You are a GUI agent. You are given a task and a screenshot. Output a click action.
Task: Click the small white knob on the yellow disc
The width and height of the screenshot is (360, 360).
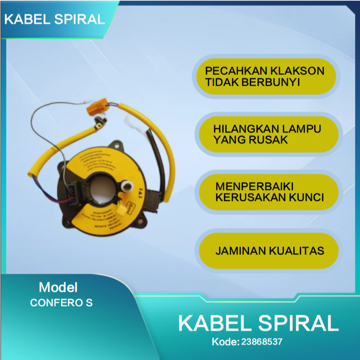click(x=127, y=185)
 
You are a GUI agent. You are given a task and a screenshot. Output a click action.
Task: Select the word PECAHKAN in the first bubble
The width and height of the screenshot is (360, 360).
click(x=231, y=71)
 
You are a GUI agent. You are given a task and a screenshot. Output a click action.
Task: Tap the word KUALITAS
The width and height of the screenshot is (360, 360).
click(x=297, y=250)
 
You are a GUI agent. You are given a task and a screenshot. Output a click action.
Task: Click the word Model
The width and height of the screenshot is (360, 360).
click(x=58, y=287)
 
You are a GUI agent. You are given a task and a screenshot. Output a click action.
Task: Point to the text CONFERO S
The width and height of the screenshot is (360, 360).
click(x=61, y=303)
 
